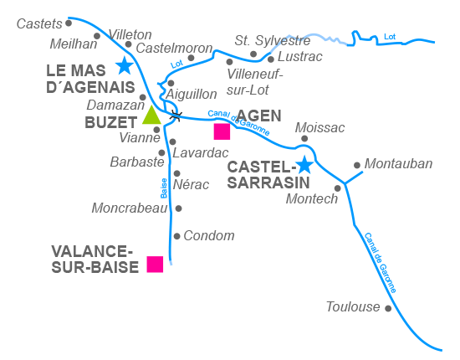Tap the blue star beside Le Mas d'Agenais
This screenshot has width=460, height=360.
(125, 65)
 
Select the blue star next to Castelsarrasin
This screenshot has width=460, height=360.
(304, 165)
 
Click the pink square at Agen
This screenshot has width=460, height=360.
(222, 131)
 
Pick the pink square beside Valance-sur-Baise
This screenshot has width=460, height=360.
(155, 264)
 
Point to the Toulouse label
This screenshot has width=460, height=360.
(353, 307)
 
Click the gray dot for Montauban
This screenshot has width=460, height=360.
(357, 165)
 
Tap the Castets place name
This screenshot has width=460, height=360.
(39, 23)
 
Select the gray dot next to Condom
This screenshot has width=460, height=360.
(176, 236)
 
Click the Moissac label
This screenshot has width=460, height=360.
(321, 127)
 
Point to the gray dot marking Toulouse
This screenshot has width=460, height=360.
(388, 308)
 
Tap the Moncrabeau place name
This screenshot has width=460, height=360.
(130, 208)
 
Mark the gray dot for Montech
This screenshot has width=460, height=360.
(338, 188)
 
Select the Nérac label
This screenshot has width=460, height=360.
(192, 184)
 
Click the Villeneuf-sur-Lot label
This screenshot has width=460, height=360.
(255, 80)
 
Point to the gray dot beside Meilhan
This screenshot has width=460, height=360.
(97, 36)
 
